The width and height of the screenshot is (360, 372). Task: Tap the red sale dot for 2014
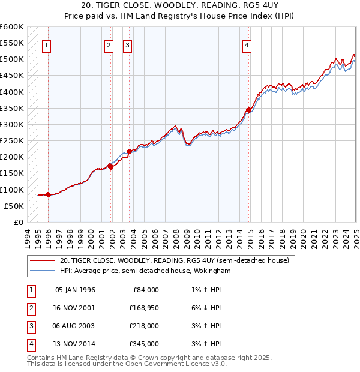point(248,110)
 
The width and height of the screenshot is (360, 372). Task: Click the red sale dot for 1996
point(48,194)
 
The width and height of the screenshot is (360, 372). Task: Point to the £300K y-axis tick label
point(12,124)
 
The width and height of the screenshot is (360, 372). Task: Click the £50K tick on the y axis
point(14,206)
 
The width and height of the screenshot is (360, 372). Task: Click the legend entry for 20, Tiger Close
point(175,260)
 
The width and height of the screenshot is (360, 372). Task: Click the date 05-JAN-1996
point(75,290)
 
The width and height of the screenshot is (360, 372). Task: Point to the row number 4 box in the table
point(29,344)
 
